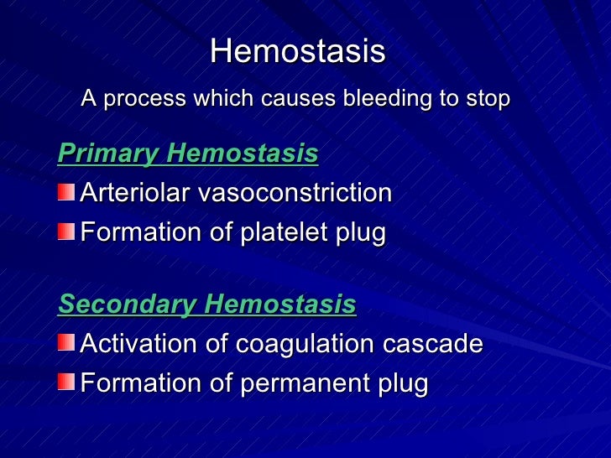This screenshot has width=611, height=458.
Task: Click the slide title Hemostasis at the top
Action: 298,52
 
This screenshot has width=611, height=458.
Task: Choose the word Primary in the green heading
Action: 108,154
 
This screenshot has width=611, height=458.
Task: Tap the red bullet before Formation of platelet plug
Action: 65,231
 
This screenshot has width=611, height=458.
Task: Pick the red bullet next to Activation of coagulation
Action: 65,343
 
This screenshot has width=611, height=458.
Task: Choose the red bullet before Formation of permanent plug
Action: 65,382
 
